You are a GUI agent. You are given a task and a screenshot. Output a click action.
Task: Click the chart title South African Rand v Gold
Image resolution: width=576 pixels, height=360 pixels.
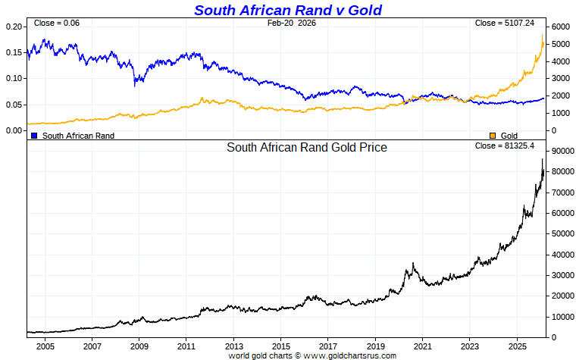coord(288,10)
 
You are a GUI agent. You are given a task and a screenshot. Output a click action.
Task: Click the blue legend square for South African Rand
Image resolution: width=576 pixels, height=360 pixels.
coord(34,136)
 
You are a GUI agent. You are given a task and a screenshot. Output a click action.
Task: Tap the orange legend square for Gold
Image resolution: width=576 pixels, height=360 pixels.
coord(492,136)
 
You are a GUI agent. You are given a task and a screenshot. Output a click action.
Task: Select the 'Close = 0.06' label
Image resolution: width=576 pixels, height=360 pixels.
coord(57,23)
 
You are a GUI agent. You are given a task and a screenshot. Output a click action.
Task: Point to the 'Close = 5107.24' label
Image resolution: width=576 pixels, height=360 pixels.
coord(505,23)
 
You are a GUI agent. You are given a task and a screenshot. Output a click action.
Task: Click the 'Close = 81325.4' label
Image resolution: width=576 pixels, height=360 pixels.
coord(505,146)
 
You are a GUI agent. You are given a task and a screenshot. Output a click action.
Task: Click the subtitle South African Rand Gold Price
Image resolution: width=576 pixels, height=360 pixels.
coord(307,148)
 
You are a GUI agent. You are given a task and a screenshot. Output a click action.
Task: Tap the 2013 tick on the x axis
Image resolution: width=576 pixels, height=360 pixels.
coord(233,346)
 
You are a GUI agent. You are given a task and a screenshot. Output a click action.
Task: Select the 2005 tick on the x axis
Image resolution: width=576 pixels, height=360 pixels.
coord(45,346)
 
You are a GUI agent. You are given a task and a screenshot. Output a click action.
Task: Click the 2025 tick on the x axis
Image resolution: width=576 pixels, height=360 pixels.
coord(517,346)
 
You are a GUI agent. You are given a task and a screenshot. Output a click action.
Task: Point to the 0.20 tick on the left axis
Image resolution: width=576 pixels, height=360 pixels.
coord(14,27)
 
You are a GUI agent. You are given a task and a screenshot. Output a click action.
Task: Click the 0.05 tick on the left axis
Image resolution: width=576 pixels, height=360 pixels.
coord(14,105)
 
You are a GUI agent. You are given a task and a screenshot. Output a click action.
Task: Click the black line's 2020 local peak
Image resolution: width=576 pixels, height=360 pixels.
coord(412,264)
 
